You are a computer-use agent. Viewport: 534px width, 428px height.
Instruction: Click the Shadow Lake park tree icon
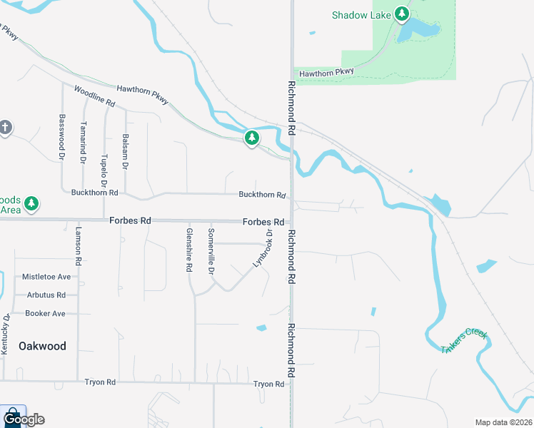[x=402, y=14]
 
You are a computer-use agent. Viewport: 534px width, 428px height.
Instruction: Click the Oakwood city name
[x=42, y=346]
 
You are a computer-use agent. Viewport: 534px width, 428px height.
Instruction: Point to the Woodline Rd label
[x=94, y=97]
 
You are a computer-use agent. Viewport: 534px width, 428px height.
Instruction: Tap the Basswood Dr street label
[x=62, y=136]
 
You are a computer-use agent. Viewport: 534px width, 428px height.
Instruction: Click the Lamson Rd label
[x=79, y=248]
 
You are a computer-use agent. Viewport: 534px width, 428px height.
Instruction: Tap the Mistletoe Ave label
[x=46, y=276]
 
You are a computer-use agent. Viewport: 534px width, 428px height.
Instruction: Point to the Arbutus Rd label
[x=46, y=295]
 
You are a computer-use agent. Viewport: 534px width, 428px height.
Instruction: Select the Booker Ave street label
[x=45, y=313]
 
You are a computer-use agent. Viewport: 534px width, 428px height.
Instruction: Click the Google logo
[x=24, y=419]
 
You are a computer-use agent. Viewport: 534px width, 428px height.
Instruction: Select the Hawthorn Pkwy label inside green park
[x=326, y=73]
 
